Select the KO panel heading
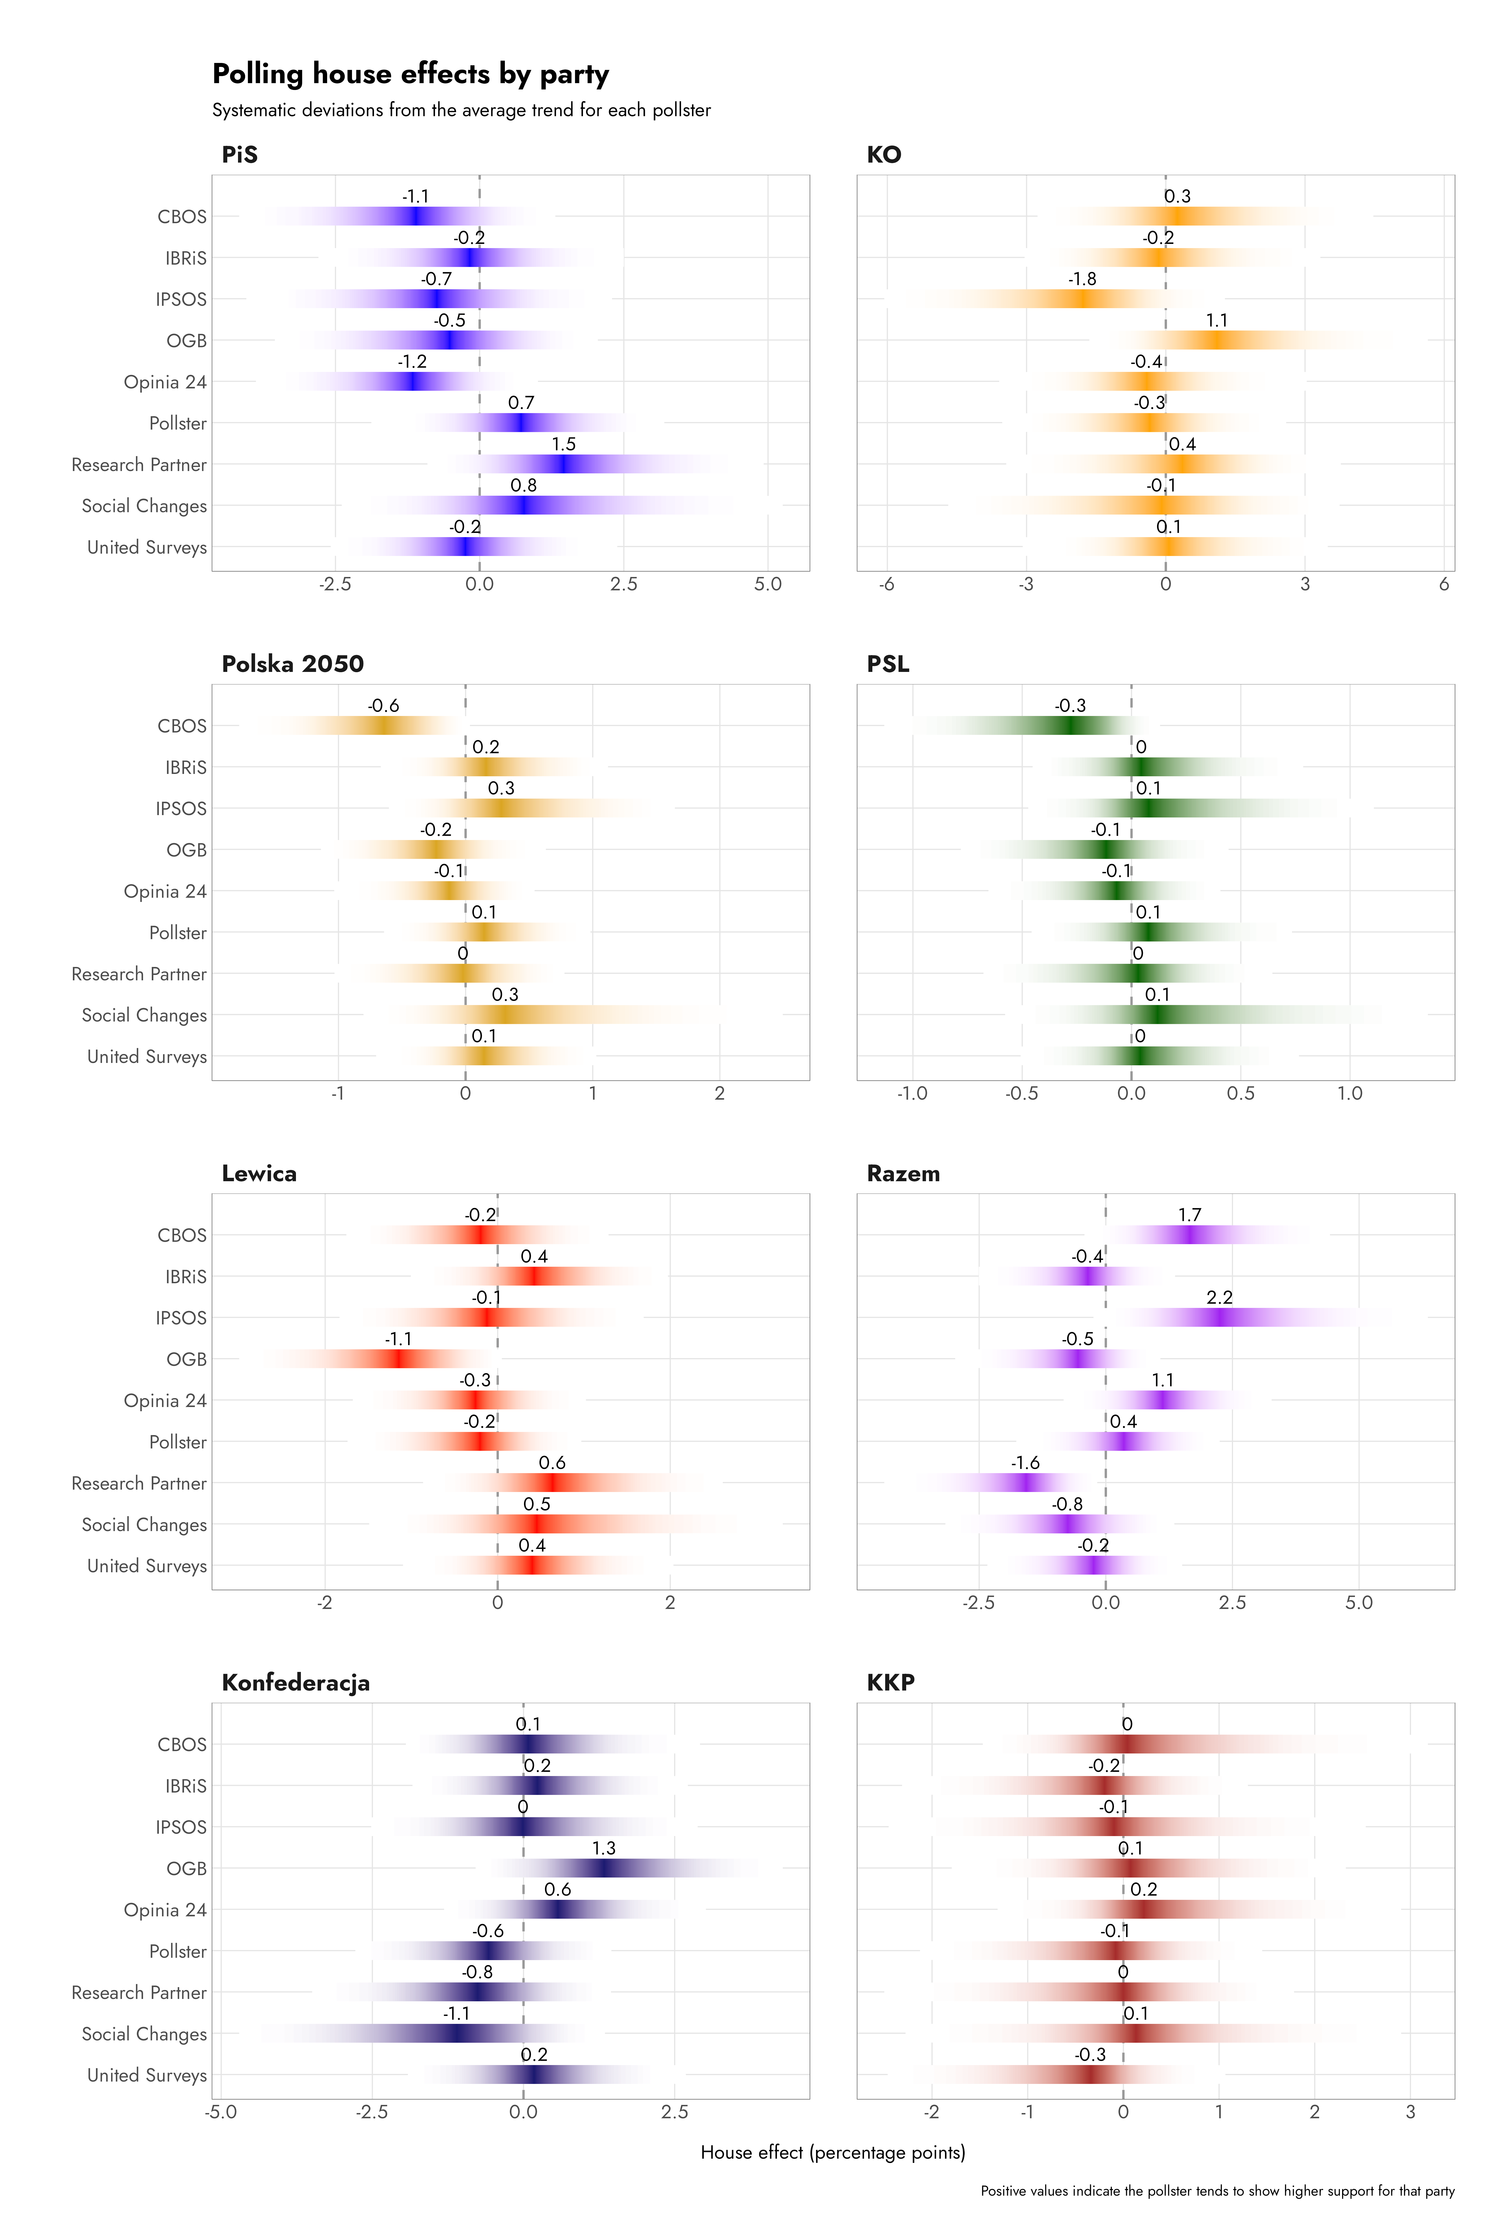pos(883,154)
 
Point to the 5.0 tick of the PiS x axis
pos(768,584)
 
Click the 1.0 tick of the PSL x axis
pos(1349,1093)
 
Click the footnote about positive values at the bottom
pos(1217,2191)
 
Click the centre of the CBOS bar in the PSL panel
pos(1069,725)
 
